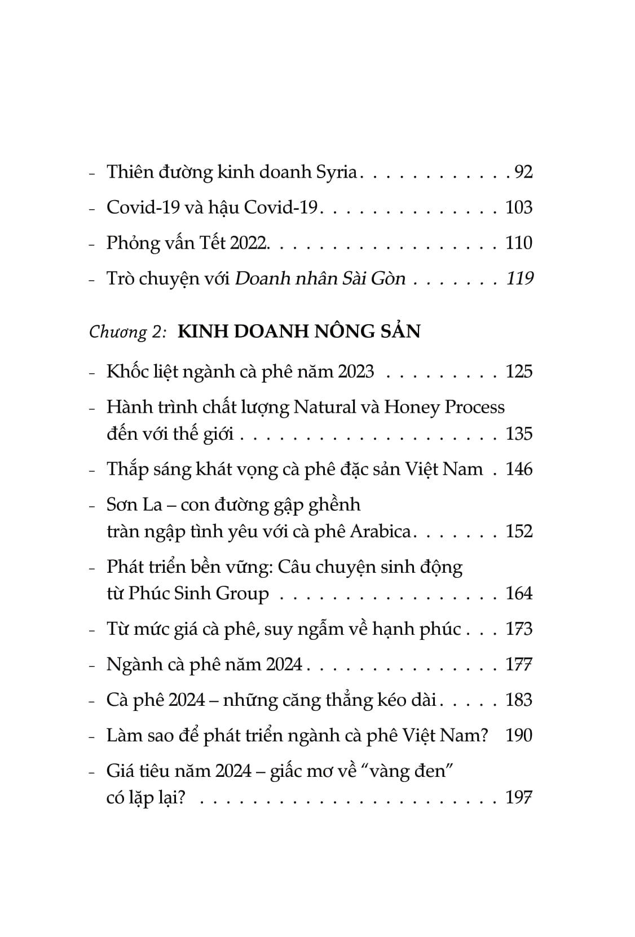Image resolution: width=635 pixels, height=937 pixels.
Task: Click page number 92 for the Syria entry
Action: (x=523, y=172)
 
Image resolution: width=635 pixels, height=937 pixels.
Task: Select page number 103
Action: (x=519, y=207)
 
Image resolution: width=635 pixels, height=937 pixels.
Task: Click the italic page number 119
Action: (x=519, y=279)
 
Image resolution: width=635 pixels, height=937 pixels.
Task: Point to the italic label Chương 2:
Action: (x=127, y=332)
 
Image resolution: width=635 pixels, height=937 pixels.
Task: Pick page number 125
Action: (x=519, y=372)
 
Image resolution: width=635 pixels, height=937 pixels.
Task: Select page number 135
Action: (x=519, y=434)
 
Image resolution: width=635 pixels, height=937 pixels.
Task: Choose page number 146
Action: (x=519, y=469)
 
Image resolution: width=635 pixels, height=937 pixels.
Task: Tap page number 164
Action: (x=519, y=594)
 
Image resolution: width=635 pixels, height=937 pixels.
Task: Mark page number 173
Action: (x=519, y=629)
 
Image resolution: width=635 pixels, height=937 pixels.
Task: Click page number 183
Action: (x=519, y=700)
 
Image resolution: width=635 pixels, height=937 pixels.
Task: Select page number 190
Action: (x=519, y=735)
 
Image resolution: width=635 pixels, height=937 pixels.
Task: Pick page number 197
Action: (x=519, y=798)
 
